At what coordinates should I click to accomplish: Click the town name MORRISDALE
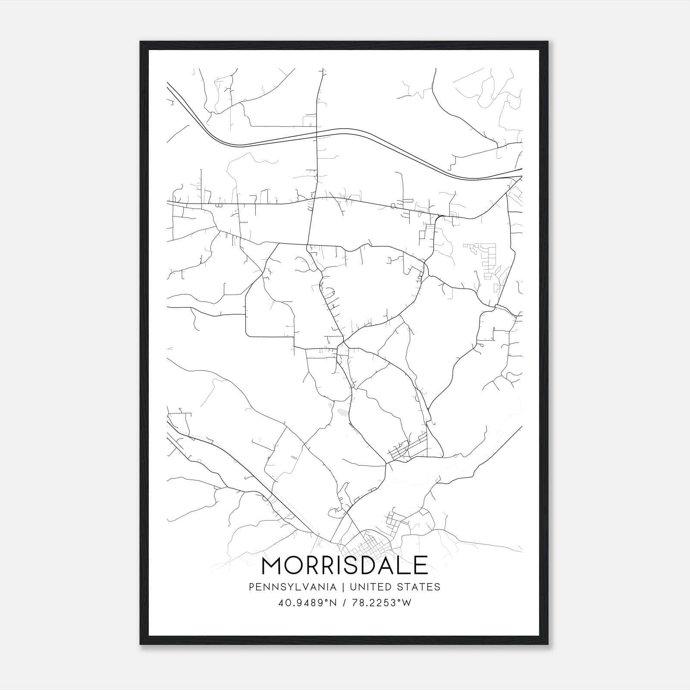coord(345,566)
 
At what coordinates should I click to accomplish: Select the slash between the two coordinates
coord(345,603)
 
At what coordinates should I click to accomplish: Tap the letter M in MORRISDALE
coord(272,566)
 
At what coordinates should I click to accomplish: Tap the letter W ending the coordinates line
coord(406,603)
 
